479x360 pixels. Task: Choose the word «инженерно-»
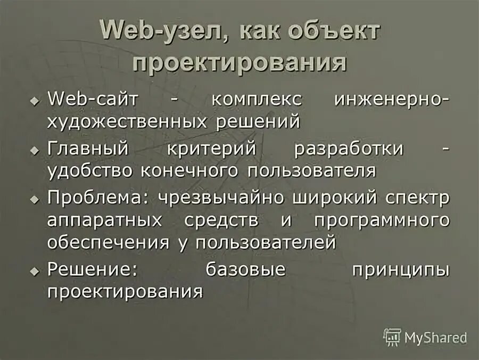click(393, 100)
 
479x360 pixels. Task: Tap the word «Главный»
click(88, 149)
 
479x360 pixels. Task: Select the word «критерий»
click(213, 149)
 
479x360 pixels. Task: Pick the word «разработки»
click(349, 149)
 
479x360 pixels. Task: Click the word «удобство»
click(91, 170)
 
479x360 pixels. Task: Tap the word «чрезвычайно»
click(220, 197)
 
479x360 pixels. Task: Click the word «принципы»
click(401, 269)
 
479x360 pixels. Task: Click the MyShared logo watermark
click(426, 337)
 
